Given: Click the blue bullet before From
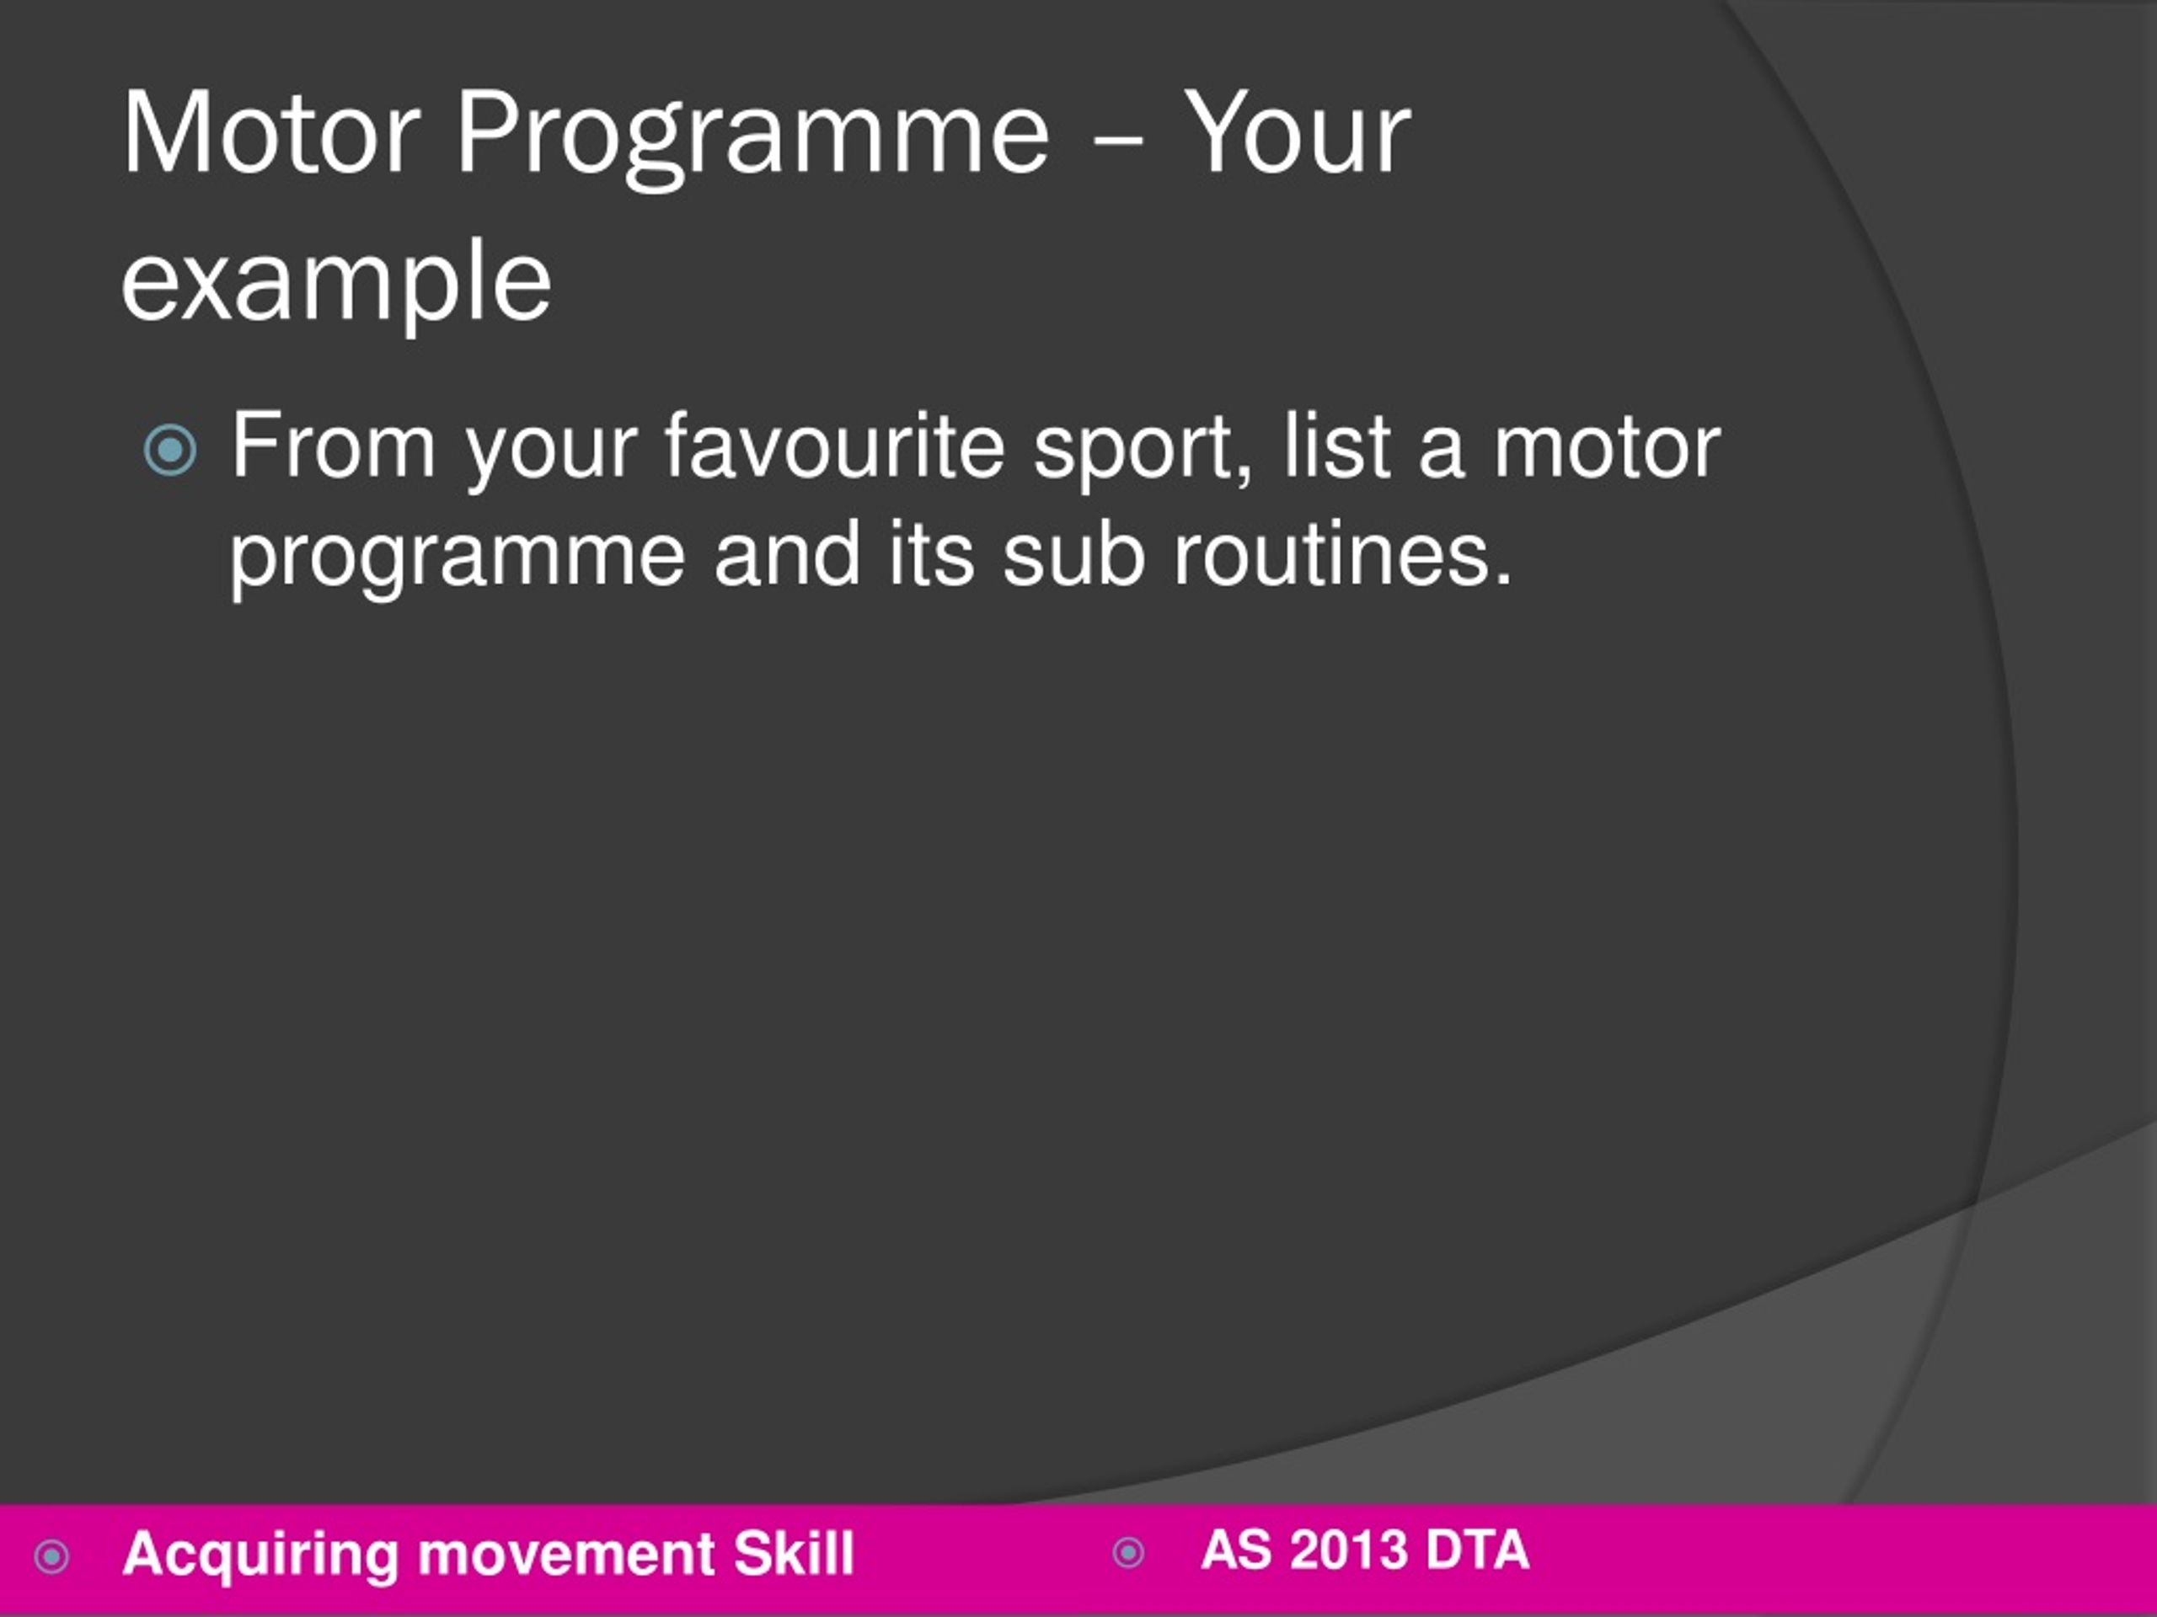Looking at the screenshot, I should (x=169, y=451).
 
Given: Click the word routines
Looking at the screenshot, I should (x=1341, y=556).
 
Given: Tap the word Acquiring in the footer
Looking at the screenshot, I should (x=260, y=1554).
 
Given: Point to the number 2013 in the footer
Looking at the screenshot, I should (x=1349, y=1550).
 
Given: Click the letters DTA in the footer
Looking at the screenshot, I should (x=1476, y=1550).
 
